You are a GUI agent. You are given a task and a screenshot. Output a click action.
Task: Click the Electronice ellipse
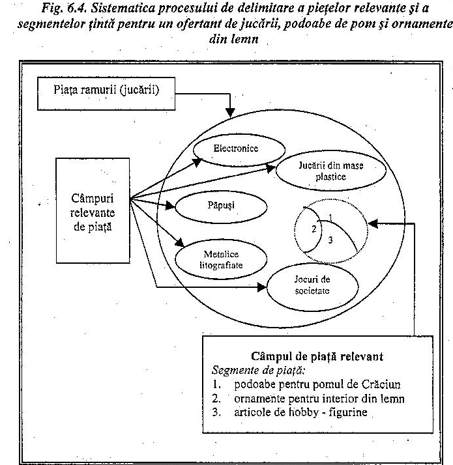[x=235, y=149]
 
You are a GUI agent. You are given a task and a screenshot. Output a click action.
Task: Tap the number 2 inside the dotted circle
[x=313, y=229]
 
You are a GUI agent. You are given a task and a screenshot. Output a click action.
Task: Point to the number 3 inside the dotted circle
[x=330, y=240]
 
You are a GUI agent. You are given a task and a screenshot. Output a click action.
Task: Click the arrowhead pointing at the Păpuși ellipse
[x=172, y=206]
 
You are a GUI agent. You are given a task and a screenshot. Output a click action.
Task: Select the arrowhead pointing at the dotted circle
[x=373, y=223]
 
